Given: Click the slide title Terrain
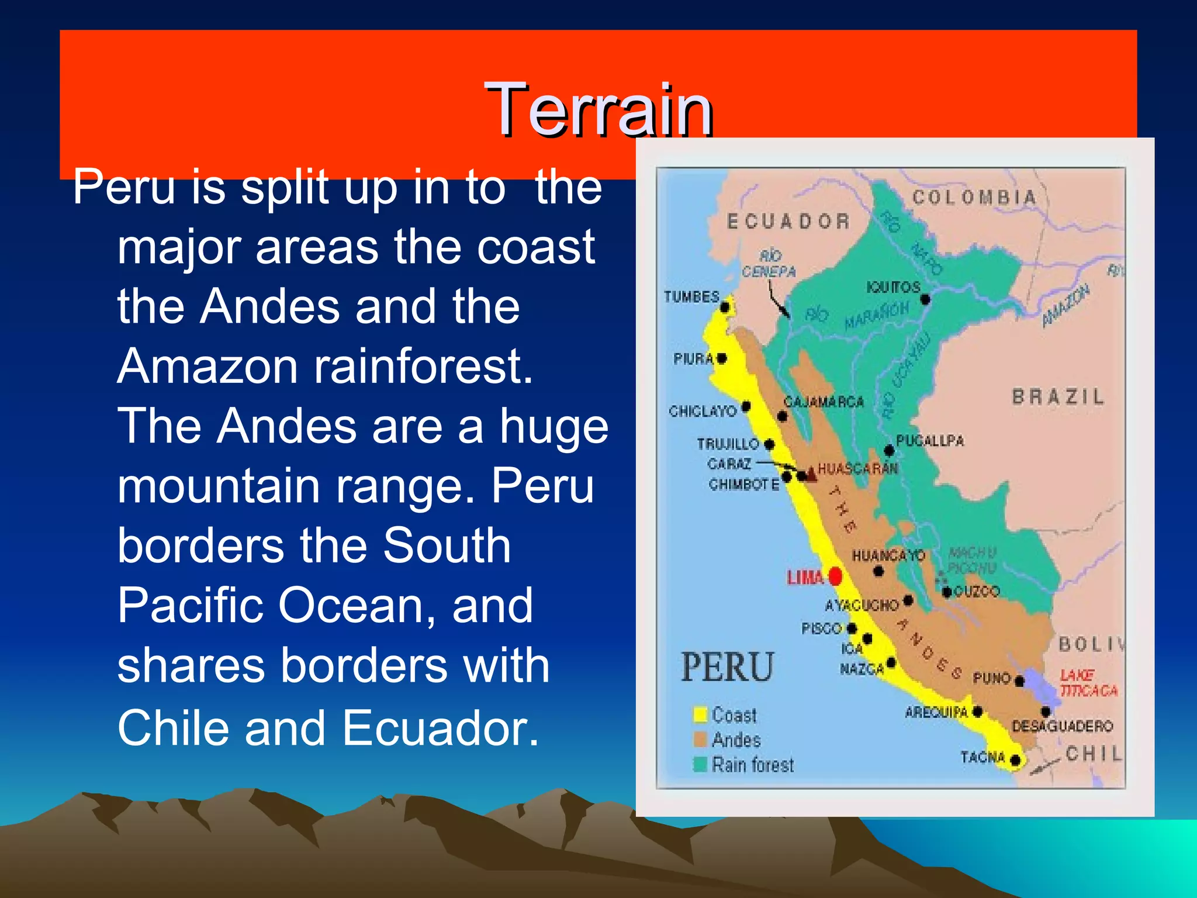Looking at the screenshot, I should tap(598, 109).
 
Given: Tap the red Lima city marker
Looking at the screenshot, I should tap(835, 576).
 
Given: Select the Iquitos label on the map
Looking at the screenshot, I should tap(892, 287).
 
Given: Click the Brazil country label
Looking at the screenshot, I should tap(1058, 397).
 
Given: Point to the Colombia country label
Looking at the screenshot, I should tap(974, 198).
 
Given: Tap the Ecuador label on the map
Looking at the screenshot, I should tap(788, 222).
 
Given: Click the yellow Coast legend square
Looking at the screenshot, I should tap(700, 714).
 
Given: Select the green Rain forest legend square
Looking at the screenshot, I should tap(700, 764).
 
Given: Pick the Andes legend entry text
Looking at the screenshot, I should tap(736, 740).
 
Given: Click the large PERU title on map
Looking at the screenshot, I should tap(728, 667).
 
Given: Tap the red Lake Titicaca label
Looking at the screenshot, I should tap(1087, 683).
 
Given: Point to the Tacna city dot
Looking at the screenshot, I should tap(1015, 760).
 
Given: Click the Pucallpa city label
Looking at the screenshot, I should tap(929, 440).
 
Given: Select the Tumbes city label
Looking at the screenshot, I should tap(691, 296).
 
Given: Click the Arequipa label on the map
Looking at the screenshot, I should tap(936, 712).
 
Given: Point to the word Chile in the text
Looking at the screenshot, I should tap(174, 728).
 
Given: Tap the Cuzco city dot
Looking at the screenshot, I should tap(946, 592).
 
